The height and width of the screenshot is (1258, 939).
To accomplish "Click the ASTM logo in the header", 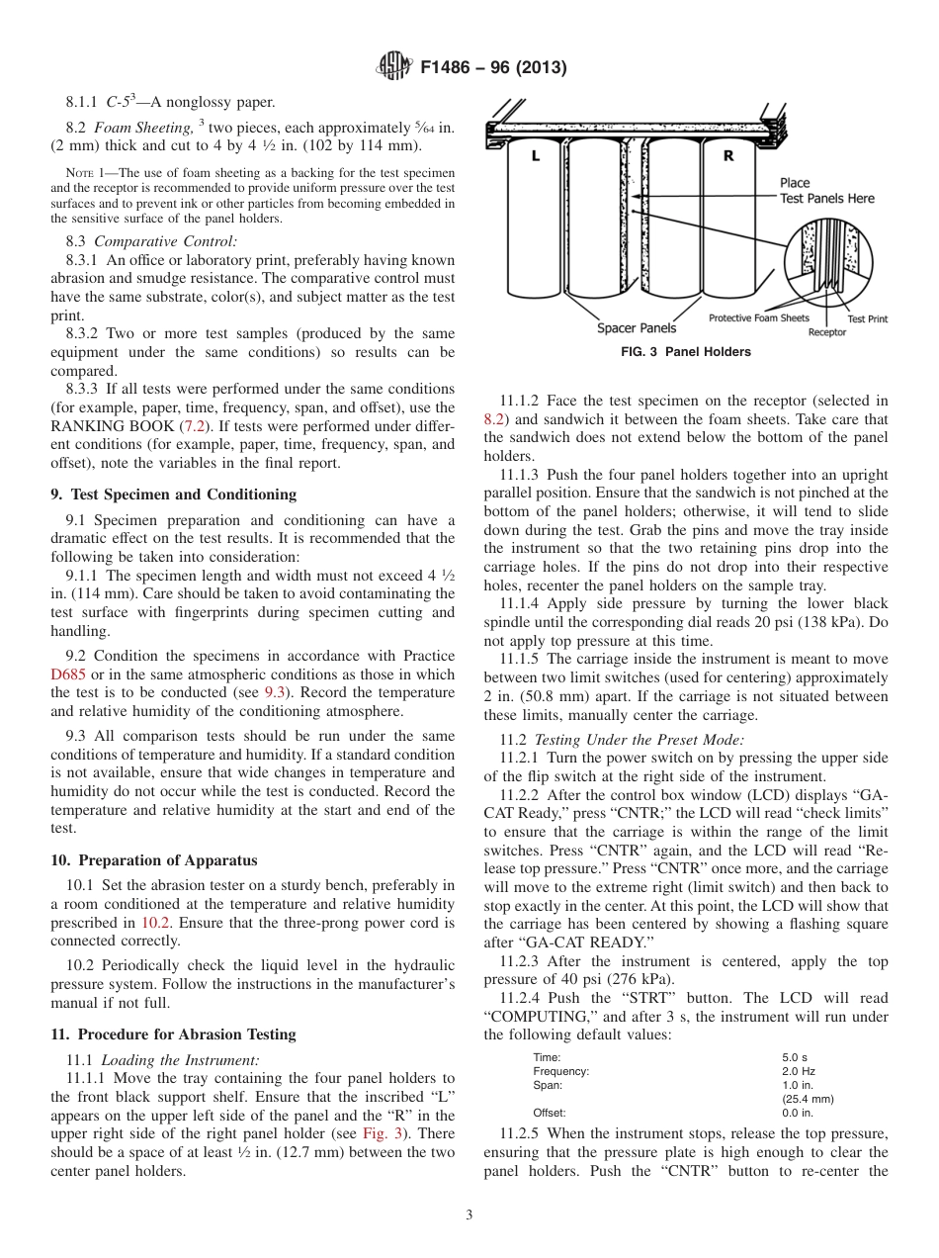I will click(x=394, y=68).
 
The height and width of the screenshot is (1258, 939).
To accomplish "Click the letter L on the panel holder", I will click(x=534, y=156).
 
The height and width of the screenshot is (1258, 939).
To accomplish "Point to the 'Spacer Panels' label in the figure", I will click(x=637, y=327).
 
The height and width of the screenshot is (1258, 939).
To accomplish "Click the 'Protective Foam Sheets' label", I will click(x=758, y=317).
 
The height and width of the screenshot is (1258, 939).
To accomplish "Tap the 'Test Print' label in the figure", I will click(x=867, y=318).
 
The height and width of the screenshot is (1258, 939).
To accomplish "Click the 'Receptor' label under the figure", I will click(x=826, y=332).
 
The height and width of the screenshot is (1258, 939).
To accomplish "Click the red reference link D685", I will click(x=69, y=674).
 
